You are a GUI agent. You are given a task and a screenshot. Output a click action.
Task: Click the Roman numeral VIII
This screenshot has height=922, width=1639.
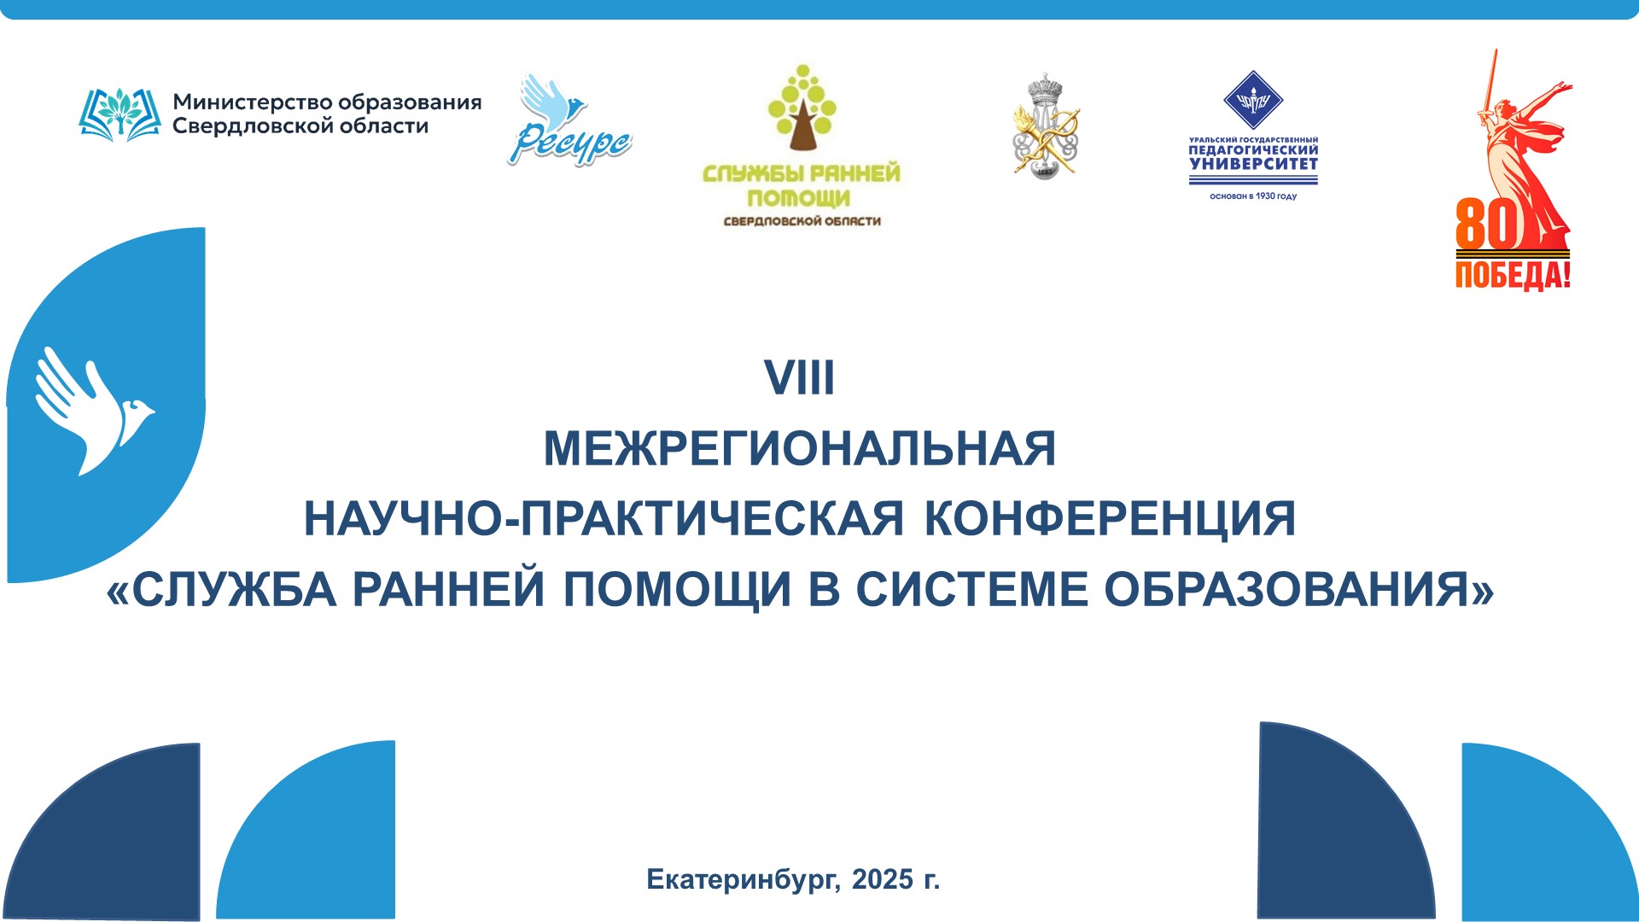pyautogui.click(x=799, y=378)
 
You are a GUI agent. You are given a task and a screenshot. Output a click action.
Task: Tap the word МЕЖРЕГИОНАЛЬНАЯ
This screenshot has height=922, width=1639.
pyautogui.click(x=800, y=449)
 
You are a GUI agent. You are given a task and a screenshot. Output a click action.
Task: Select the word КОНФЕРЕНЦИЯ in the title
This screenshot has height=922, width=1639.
pyautogui.click(x=1110, y=519)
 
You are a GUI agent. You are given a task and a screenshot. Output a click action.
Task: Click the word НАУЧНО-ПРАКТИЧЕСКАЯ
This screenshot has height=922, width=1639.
pyautogui.click(x=604, y=519)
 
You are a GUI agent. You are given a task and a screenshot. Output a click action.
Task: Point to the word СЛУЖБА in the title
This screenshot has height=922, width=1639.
pyautogui.click(x=234, y=590)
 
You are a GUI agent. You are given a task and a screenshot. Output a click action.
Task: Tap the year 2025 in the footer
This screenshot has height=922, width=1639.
pyautogui.click(x=883, y=879)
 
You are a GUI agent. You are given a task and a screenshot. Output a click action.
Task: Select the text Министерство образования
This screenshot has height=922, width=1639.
pyautogui.click(x=327, y=102)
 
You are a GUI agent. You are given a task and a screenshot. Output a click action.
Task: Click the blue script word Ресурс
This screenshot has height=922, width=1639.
pyautogui.click(x=569, y=144)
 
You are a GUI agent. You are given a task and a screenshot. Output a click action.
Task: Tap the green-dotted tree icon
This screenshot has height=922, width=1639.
pyautogui.click(x=801, y=107)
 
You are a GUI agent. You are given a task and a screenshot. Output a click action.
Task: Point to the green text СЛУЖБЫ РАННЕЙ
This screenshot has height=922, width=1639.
pyautogui.click(x=801, y=173)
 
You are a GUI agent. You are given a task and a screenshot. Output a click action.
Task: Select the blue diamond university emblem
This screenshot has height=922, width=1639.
pyautogui.click(x=1253, y=100)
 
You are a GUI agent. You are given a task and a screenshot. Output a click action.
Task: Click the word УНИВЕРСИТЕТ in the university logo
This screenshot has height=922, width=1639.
pyautogui.click(x=1253, y=164)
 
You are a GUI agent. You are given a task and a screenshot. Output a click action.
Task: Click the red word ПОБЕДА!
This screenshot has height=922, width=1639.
pyautogui.click(x=1513, y=275)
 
